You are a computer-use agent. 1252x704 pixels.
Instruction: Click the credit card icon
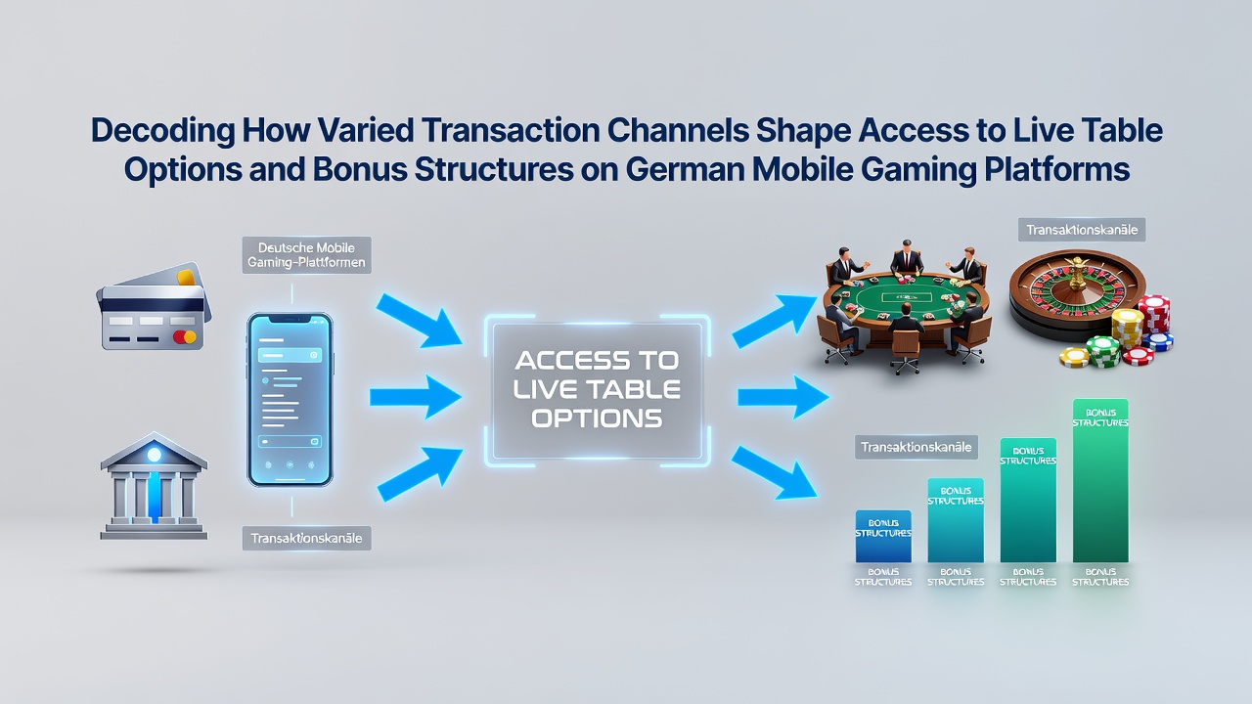click(x=154, y=306)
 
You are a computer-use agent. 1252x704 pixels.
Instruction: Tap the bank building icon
click(x=154, y=486)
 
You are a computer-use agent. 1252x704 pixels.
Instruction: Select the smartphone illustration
click(x=291, y=400)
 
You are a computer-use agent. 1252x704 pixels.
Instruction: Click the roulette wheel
click(x=1077, y=296)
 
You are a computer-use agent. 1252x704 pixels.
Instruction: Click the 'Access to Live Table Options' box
click(x=598, y=390)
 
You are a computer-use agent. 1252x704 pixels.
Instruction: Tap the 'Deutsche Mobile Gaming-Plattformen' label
click(x=306, y=255)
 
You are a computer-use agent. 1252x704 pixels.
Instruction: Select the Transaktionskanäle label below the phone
click(x=306, y=539)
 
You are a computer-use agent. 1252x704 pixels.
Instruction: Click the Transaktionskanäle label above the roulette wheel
click(x=1082, y=230)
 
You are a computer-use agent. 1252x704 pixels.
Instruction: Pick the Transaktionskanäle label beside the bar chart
click(x=917, y=447)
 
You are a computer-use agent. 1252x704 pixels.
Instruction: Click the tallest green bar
click(x=1100, y=480)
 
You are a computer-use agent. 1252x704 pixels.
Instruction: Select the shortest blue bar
click(x=883, y=537)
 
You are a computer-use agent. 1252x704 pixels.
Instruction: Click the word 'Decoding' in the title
click(x=162, y=131)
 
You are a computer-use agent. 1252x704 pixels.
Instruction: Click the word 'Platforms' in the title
click(x=1057, y=170)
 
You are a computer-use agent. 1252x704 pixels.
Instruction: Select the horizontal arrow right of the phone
click(x=416, y=397)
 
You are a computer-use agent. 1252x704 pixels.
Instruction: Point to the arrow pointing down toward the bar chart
click(x=774, y=472)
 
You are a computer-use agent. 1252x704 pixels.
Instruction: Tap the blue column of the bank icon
click(x=155, y=498)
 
